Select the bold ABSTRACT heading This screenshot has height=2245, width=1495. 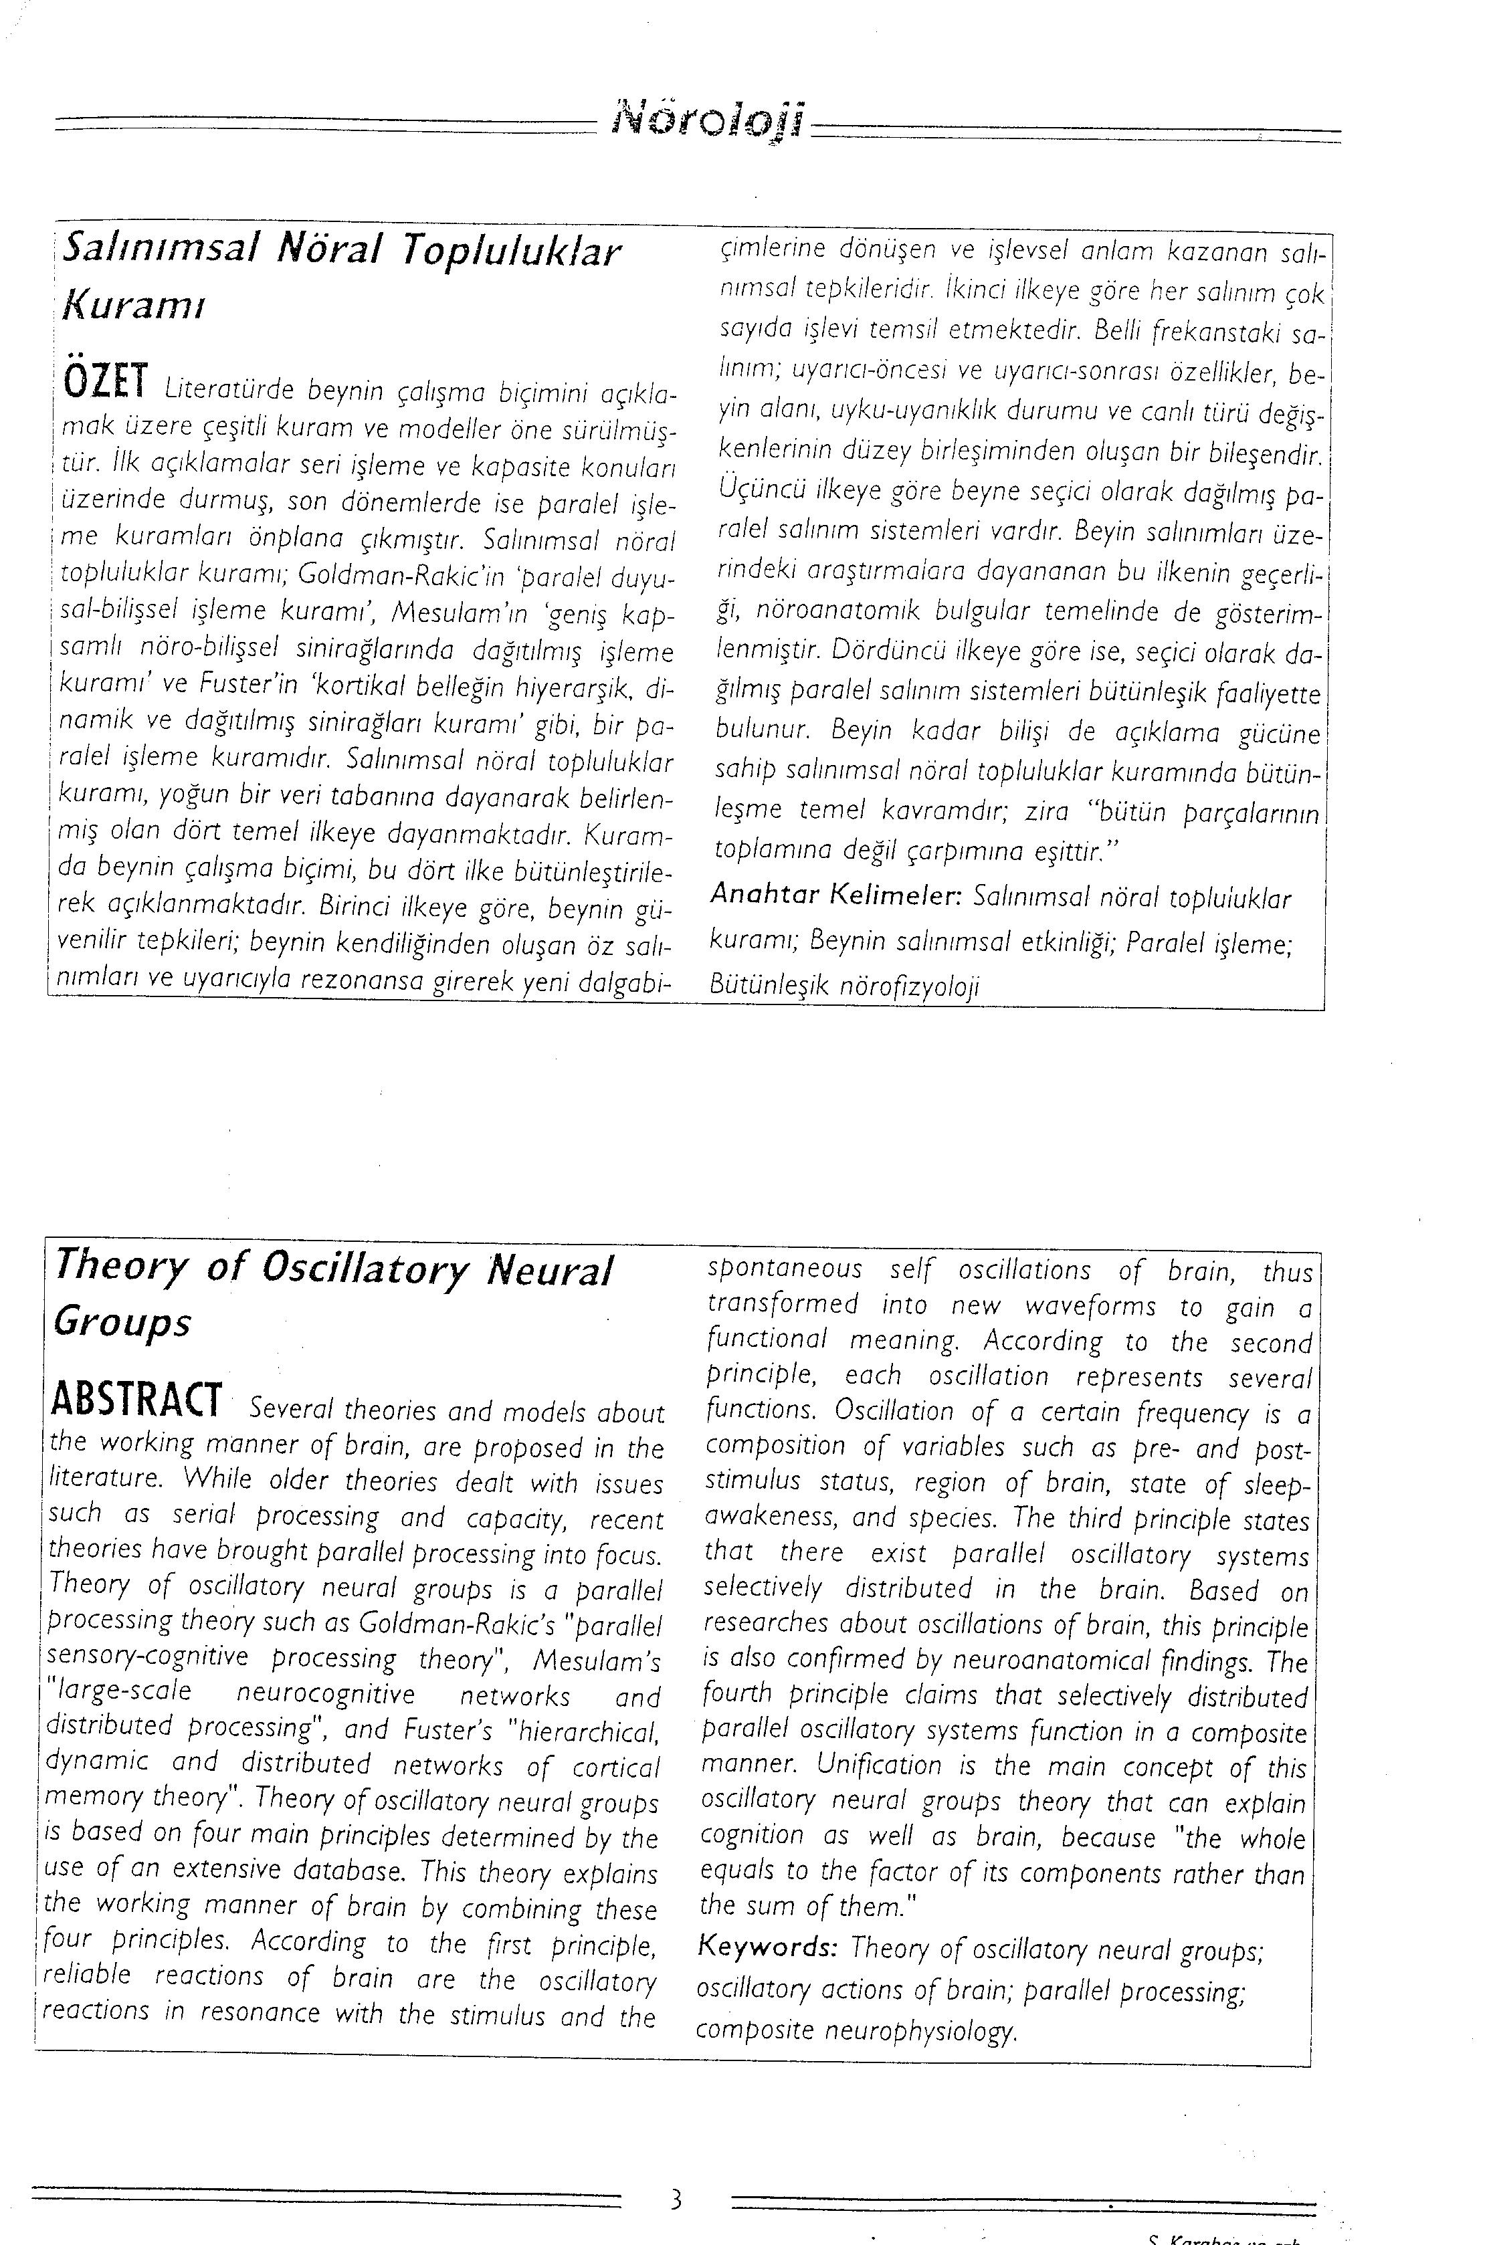(x=134, y=1398)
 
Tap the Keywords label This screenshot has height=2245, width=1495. (x=767, y=1945)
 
